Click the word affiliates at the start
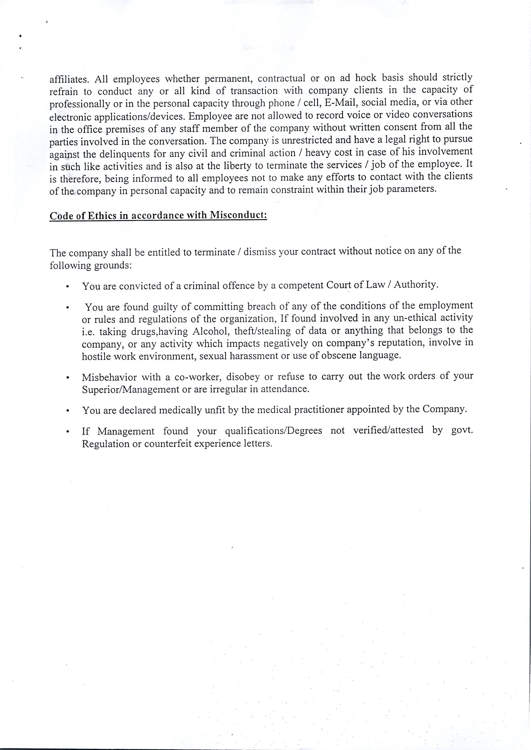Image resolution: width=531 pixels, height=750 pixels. tap(67, 79)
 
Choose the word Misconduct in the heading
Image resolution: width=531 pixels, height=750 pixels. tap(238, 215)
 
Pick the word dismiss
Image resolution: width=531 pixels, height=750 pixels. tap(260, 252)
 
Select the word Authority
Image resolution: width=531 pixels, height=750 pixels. tap(415, 285)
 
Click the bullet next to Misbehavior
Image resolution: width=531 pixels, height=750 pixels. tap(67, 378)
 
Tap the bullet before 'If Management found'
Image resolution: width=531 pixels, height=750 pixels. tap(67, 432)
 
